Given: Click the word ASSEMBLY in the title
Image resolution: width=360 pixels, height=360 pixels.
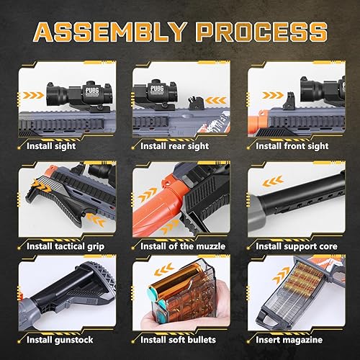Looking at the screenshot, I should pos(108,32).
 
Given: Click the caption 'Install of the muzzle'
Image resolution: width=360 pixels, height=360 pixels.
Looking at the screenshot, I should pos(183,247).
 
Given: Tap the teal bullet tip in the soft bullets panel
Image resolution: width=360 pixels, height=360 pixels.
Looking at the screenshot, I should pos(152,297).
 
